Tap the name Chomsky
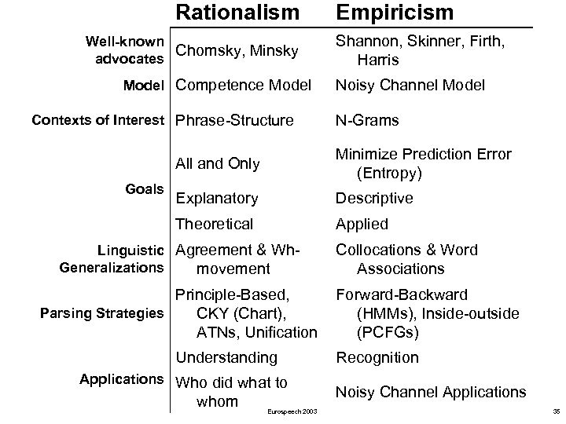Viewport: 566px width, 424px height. coord(205,51)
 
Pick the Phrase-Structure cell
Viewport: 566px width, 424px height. coord(235,120)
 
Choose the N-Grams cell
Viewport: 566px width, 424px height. coord(367,120)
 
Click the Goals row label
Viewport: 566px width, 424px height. coord(145,189)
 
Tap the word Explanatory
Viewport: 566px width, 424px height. coord(217,199)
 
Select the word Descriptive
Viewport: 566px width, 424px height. coord(374,199)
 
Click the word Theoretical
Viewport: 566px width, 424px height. coord(215,224)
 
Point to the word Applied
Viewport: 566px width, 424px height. coord(362,224)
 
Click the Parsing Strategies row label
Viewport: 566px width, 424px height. coord(101,314)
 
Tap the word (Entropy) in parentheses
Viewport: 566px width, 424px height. coord(390,172)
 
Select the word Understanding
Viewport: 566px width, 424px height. coord(226,358)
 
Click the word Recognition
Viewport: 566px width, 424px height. coord(377,358)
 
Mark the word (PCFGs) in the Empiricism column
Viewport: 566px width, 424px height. coord(388,332)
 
